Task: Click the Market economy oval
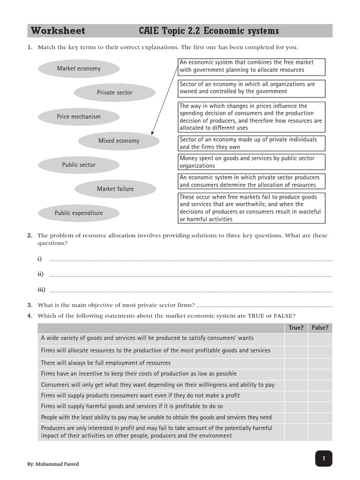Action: (x=79, y=68)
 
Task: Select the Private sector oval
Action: (x=115, y=93)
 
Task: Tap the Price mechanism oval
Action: (x=79, y=117)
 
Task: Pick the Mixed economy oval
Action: (x=119, y=141)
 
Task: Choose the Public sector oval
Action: (x=79, y=165)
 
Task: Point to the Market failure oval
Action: (x=115, y=189)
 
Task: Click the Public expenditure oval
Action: (x=79, y=213)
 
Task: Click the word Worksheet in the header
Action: (x=58, y=31)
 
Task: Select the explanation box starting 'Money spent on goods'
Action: (x=252, y=162)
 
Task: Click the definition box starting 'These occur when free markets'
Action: (x=252, y=208)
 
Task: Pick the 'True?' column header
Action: (x=296, y=328)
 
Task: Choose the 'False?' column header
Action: (x=320, y=328)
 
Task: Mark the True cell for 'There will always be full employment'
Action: (x=296, y=363)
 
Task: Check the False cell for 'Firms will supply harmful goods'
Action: (x=320, y=406)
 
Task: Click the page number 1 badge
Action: (x=323, y=458)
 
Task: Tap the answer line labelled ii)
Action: (x=190, y=275)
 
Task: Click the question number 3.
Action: (x=29, y=305)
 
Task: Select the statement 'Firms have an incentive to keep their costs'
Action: (x=139, y=374)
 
